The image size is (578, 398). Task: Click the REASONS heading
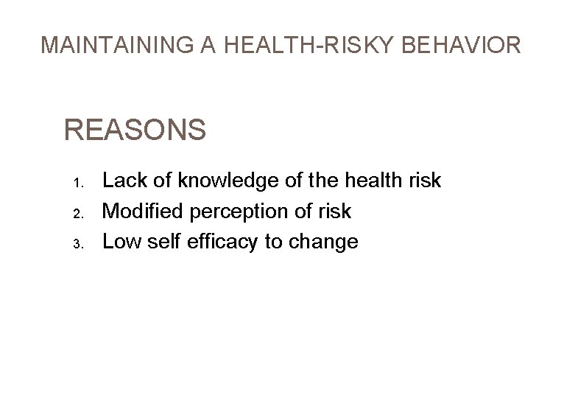click(x=135, y=130)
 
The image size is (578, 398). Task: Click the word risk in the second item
click(x=334, y=212)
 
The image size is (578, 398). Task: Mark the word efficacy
click(x=220, y=242)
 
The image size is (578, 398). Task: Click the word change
click(x=323, y=242)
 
